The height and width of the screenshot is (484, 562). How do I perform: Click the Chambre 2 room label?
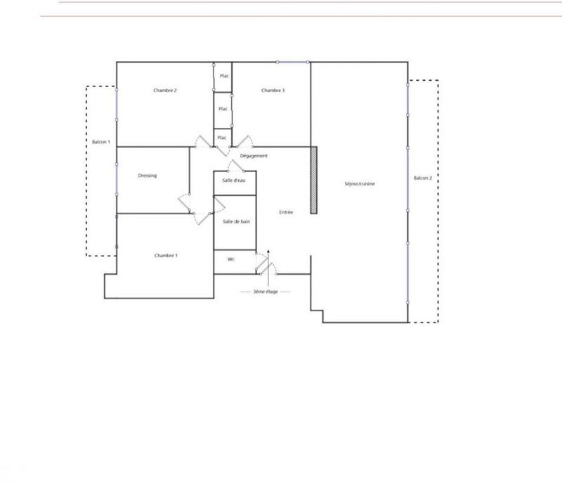[x=165, y=91]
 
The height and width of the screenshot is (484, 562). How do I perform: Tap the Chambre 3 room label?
[x=273, y=91]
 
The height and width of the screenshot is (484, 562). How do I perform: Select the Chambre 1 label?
[x=166, y=255]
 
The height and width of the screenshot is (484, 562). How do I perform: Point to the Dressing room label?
[x=148, y=176]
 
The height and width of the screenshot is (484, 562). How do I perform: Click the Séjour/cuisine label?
[x=360, y=184]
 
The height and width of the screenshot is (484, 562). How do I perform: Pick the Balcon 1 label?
[x=101, y=143]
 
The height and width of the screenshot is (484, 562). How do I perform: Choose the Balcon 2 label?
[x=423, y=178]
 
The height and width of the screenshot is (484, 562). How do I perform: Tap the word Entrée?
[x=287, y=212]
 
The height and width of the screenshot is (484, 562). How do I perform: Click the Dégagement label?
[x=254, y=156]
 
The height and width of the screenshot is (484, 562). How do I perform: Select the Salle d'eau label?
[x=234, y=181]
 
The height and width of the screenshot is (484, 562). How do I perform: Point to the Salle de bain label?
[x=236, y=221]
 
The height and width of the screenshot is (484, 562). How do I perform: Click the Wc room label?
[x=230, y=259]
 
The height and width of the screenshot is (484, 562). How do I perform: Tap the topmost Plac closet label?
[x=223, y=76]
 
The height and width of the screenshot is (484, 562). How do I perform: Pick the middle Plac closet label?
[x=223, y=109]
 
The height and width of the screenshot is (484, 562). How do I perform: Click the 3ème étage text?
[x=265, y=291]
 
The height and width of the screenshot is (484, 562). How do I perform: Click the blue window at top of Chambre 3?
[x=292, y=62]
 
